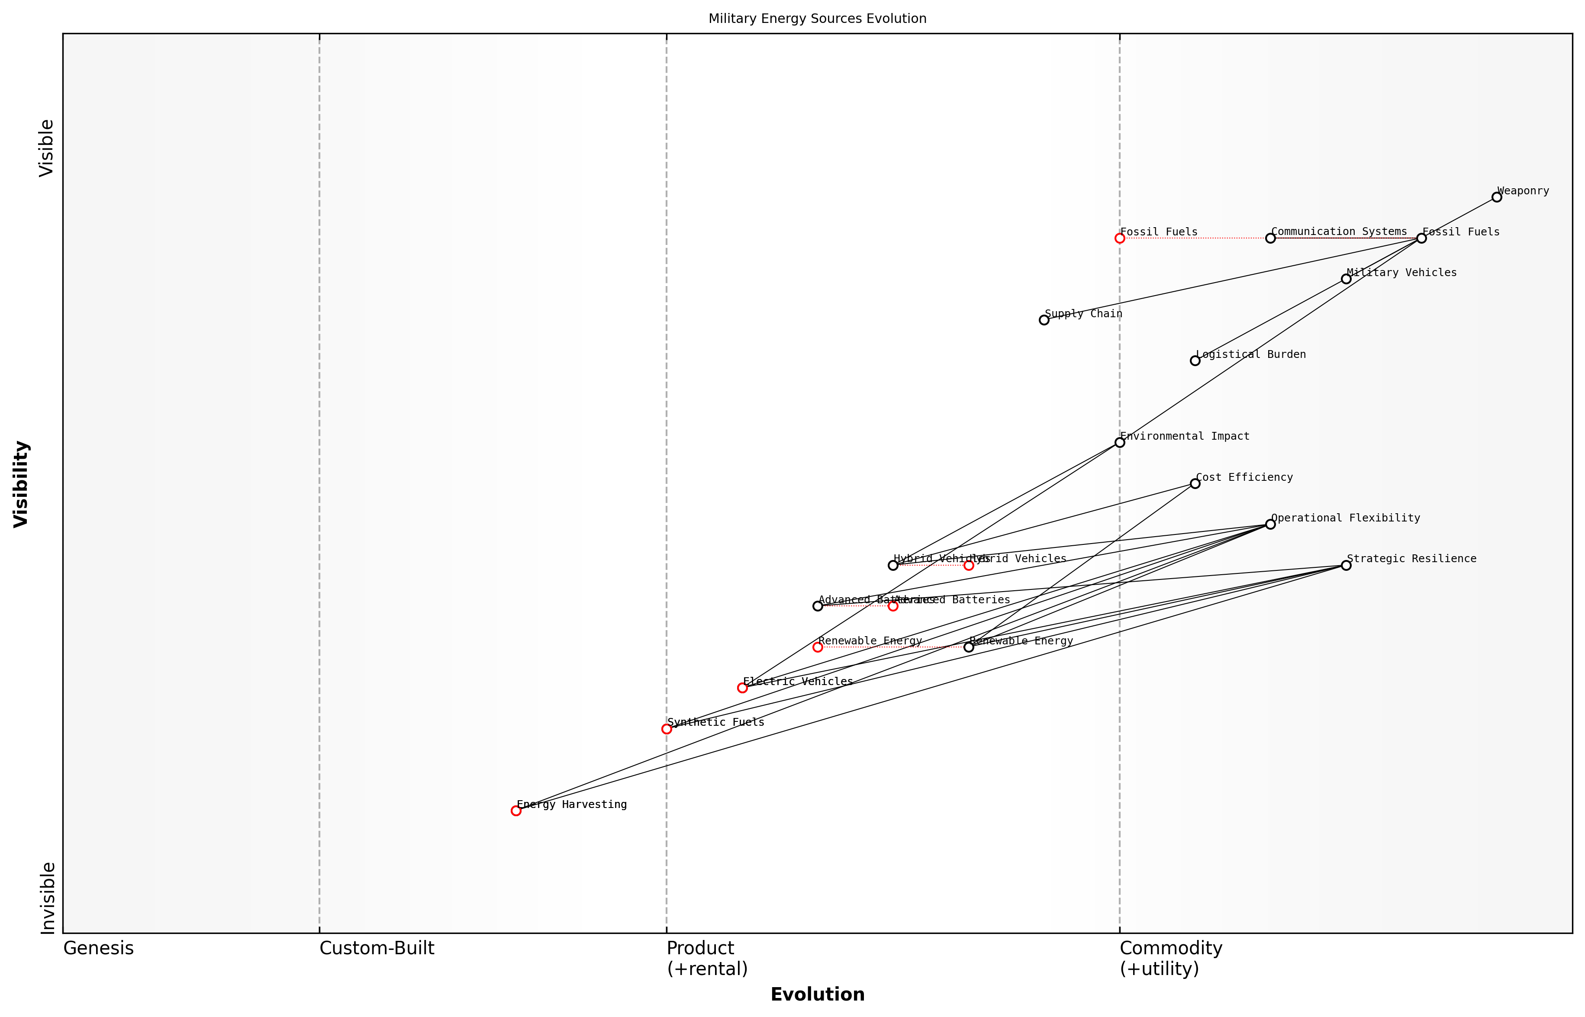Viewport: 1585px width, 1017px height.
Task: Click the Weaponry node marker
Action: click(1497, 197)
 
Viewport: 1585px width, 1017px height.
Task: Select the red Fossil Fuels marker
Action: click(1119, 238)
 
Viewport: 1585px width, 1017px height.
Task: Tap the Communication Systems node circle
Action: click(1270, 238)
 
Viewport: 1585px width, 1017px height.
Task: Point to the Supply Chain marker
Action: click(1044, 320)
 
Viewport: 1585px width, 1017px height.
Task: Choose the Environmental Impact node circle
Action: click(1119, 442)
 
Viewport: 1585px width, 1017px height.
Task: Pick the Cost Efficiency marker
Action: click(1195, 483)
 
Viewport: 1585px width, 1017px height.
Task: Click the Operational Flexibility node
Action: click(1270, 525)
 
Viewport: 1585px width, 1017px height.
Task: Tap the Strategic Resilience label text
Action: click(1411, 559)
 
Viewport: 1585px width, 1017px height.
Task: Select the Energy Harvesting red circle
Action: click(516, 810)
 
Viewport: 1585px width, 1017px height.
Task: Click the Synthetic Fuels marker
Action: click(667, 729)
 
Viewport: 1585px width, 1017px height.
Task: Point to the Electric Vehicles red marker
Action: click(742, 688)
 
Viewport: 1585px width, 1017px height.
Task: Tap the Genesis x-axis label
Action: click(98, 948)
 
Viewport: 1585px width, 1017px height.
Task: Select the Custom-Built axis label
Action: click(377, 948)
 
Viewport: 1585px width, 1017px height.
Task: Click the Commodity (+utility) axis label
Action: click(1170, 958)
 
